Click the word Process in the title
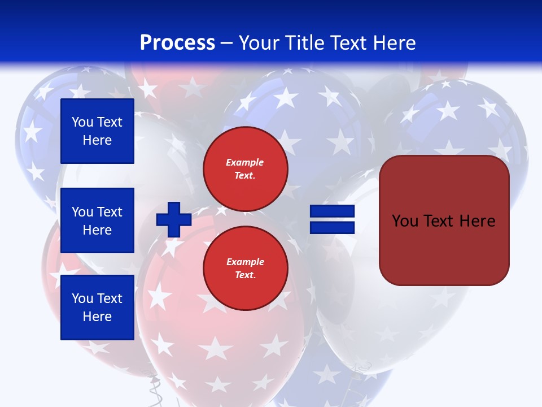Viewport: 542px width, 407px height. click(x=177, y=43)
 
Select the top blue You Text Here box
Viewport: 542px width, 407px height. click(x=97, y=131)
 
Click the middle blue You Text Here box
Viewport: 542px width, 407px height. click(x=97, y=220)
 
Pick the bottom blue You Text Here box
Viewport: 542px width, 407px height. click(x=97, y=308)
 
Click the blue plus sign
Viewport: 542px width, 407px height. click(x=173, y=219)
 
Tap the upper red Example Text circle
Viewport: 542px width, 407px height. click(x=245, y=169)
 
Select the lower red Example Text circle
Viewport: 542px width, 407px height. click(x=245, y=269)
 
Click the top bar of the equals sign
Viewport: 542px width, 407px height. click(x=332, y=211)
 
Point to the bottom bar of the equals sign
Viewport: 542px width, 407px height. click(x=332, y=228)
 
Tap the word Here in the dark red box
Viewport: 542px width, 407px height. click(x=477, y=221)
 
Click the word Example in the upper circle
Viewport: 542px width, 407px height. click(x=244, y=162)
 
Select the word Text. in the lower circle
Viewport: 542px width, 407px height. click(x=245, y=275)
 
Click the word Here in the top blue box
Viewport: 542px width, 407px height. click(x=97, y=140)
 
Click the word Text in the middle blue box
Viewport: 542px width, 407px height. click(x=110, y=212)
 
